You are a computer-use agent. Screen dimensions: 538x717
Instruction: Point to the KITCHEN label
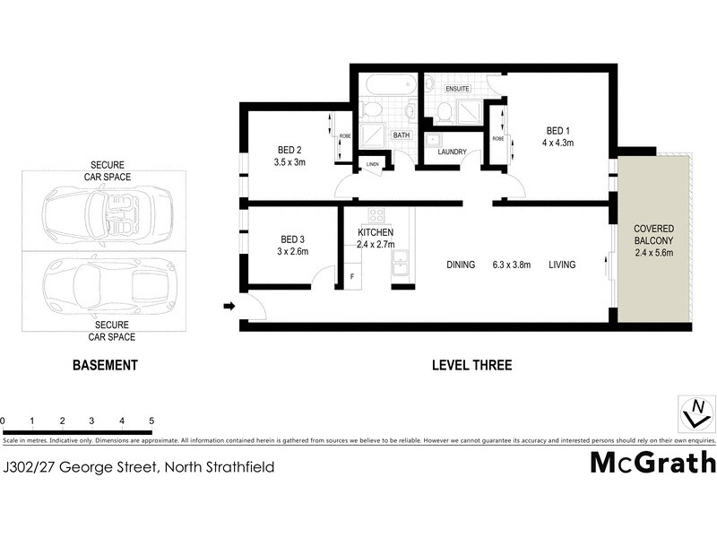(376, 233)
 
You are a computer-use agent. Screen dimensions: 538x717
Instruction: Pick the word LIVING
(562, 265)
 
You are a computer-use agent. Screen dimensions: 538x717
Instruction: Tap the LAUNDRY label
(452, 152)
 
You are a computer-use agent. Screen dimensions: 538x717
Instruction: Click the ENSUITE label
(458, 88)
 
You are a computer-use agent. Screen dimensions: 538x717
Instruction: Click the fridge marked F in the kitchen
(351, 275)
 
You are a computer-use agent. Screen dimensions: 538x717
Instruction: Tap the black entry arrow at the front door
(229, 307)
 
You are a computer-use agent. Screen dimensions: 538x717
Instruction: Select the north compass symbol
(696, 413)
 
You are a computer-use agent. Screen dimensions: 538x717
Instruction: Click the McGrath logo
(652, 463)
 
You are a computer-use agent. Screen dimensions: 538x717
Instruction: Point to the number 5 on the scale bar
(151, 421)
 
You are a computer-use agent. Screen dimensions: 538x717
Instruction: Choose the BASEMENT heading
(105, 365)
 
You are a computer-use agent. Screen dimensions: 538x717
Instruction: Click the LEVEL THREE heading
(471, 365)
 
